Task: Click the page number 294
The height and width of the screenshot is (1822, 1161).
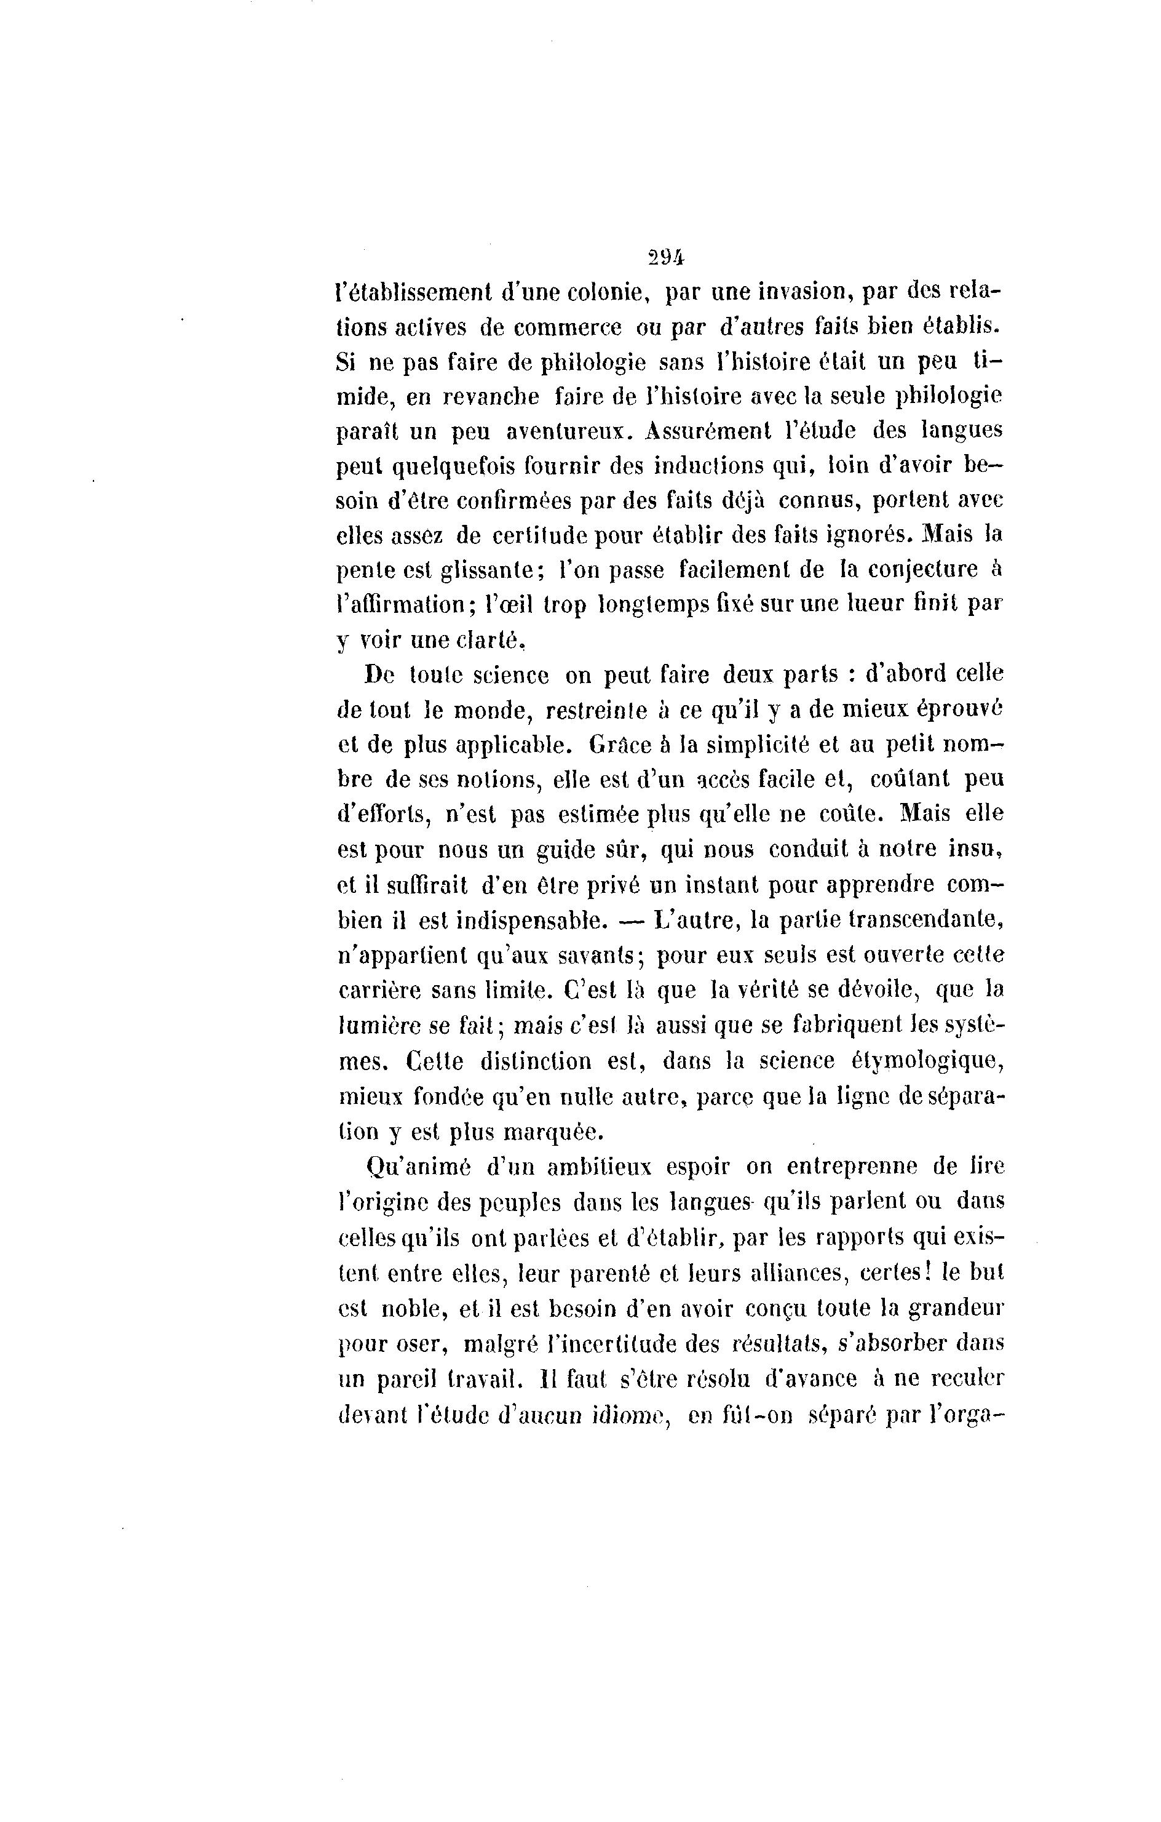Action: click(x=665, y=257)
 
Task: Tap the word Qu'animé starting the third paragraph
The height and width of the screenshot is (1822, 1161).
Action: click(x=418, y=1167)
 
